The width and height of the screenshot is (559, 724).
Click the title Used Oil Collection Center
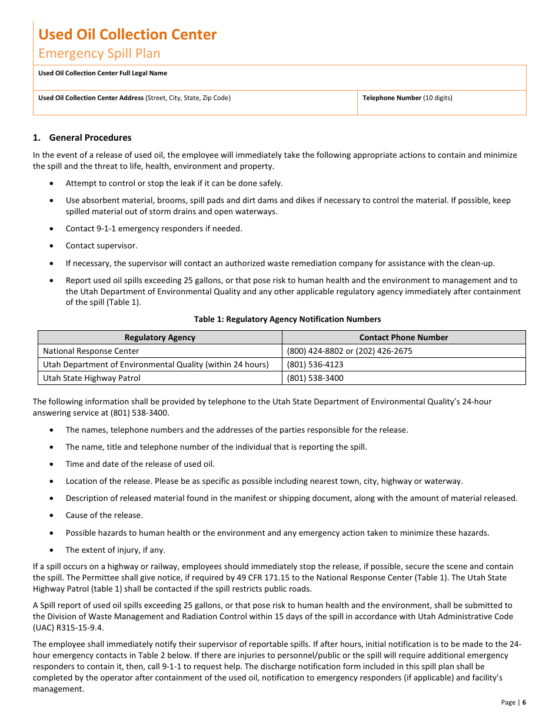point(127,35)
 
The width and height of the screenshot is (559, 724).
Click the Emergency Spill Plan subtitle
point(99,54)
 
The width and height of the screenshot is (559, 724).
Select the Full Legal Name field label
point(102,74)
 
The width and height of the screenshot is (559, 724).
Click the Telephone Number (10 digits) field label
point(407,98)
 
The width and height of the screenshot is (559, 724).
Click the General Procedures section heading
point(90,138)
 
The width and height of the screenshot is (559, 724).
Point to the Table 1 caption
point(287,320)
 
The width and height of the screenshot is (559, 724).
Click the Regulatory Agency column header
point(159,338)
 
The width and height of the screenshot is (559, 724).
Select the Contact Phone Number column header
point(403,338)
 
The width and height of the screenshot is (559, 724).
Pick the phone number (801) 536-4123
point(315,365)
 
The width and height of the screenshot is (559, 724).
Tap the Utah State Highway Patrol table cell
point(91,378)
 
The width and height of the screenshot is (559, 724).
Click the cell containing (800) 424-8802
point(350,351)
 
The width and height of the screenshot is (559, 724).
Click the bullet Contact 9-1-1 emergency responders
point(154,229)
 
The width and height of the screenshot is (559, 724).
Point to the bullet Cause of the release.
point(104,516)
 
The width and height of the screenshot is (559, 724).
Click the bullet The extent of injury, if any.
point(115,550)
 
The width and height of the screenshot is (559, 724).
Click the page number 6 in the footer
point(524,702)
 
